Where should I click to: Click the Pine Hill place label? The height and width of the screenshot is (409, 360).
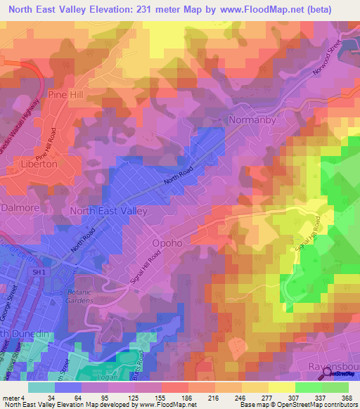(x=65, y=93)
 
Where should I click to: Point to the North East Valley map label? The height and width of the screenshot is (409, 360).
(x=108, y=211)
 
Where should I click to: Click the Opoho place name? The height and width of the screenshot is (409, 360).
(x=167, y=244)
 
